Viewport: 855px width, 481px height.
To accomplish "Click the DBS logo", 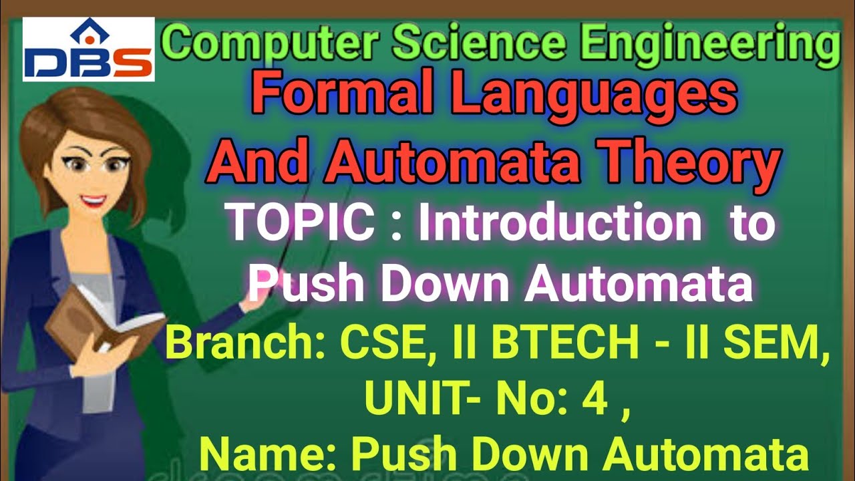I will click(x=88, y=49).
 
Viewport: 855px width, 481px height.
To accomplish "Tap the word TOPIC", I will click(x=300, y=224).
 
